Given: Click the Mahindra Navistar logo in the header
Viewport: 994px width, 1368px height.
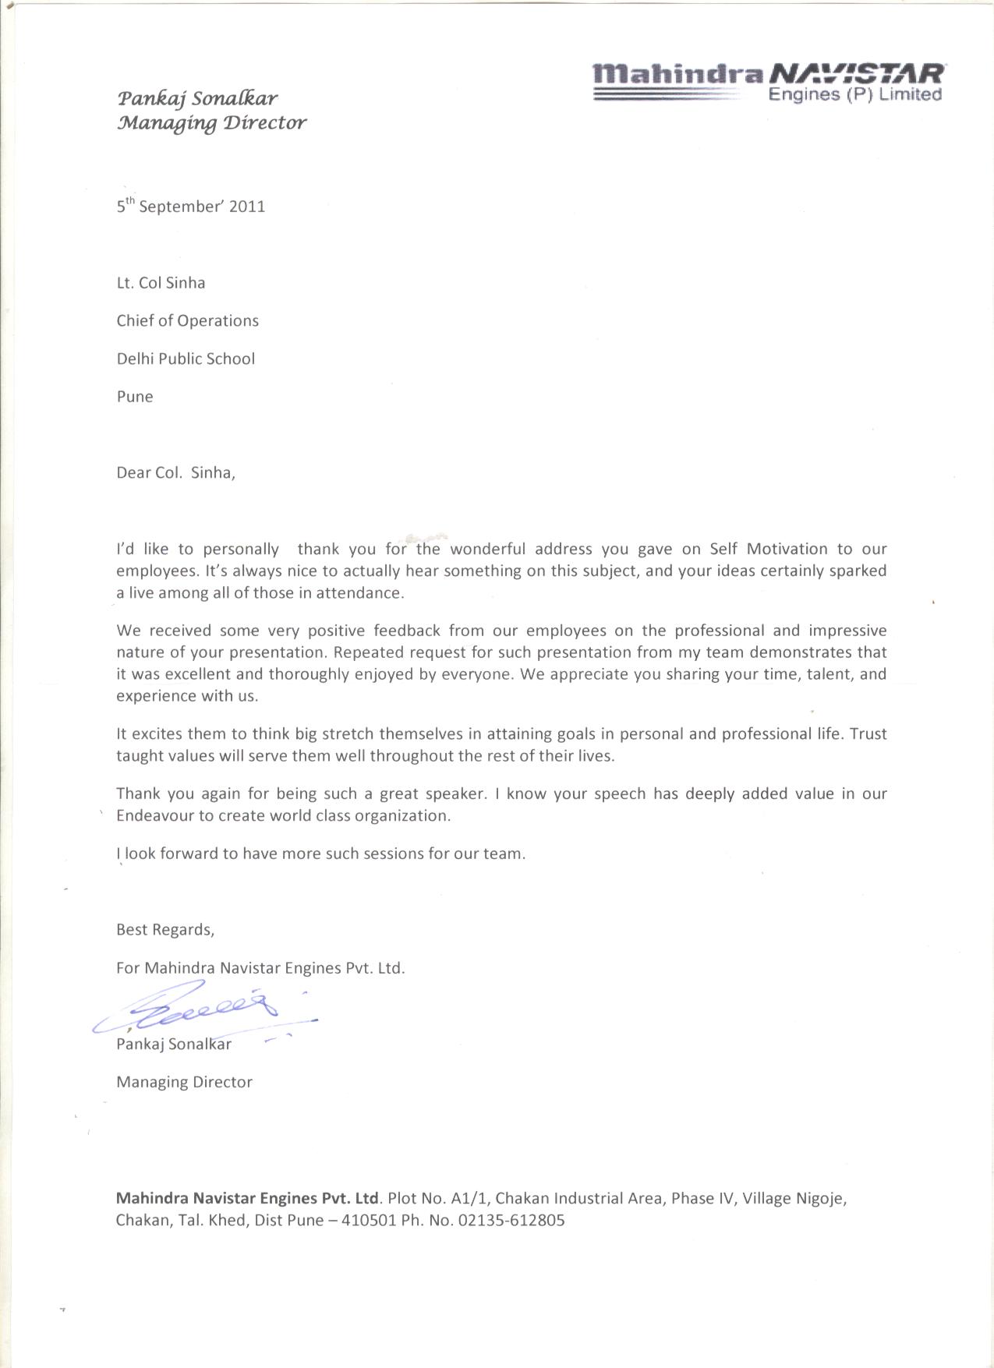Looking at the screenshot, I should pyautogui.click(x=768, y=83).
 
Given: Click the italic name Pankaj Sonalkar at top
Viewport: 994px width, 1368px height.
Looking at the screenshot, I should pyautogui.click(x=197, y=98).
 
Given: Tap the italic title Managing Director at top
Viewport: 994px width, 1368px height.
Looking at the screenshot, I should pyautogui.click(x=211, y=123).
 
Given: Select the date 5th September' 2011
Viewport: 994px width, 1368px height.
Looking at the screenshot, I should pyautogui.click(x=191, y=207).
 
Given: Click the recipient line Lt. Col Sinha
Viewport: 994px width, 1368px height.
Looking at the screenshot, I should pyautogui.click(x=161, y=283).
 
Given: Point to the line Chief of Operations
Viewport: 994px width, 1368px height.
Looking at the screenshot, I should pyautogui.click(x=187, y=321).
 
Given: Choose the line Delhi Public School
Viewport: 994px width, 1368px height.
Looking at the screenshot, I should pyautogui.click(x=186, y=359).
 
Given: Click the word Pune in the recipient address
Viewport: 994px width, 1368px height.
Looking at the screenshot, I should pyautogui.click(x=135, y=397).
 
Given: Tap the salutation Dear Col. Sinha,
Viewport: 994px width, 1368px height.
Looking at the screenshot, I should pyautogui.click(x=175, y=472).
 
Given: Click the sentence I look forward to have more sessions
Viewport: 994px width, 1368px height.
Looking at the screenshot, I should pyautogui.click(x=320, y=854).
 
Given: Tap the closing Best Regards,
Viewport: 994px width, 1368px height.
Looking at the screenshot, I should pyautogui.click(x=165, y=930).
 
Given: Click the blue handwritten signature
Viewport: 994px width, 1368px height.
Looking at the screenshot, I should pyautogui.click(x=207, y=1011).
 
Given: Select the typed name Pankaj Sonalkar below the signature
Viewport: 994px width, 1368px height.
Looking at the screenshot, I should pyautogui.click(x=174, y=1045).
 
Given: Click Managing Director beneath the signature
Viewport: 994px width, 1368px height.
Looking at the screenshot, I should pyautogui.click(x=184, y=1082).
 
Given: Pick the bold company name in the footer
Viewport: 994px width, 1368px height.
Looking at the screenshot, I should pyautogui.click(x=247, y=1198).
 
